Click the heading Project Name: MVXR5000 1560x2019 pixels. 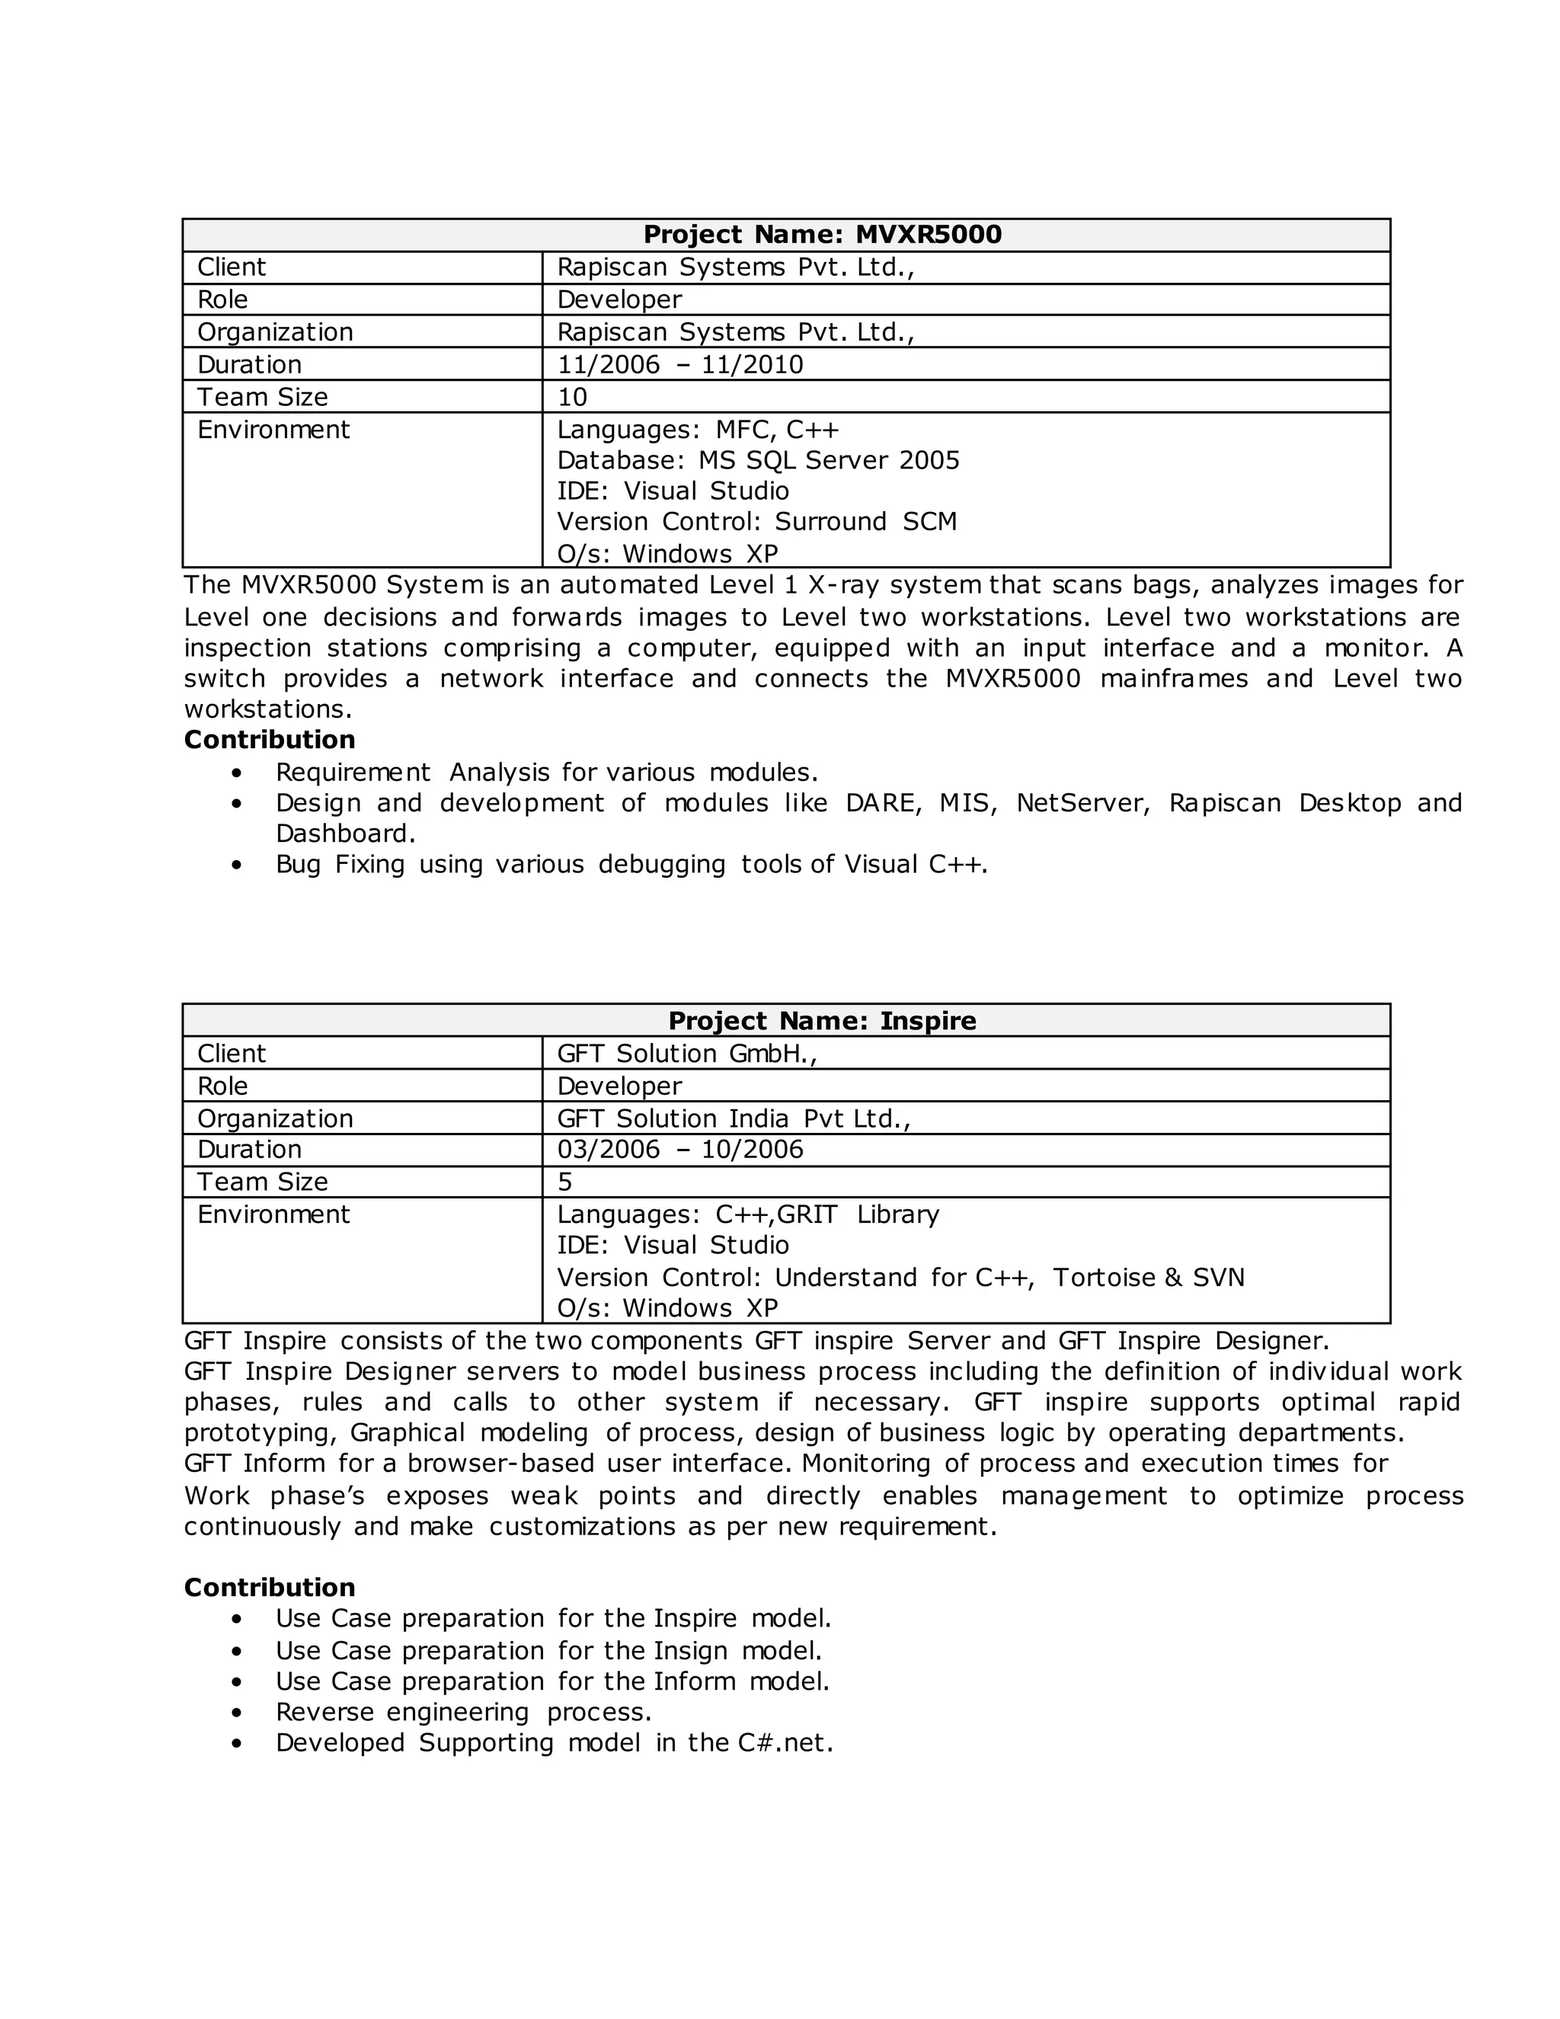822,235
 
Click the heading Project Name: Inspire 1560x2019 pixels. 822,1021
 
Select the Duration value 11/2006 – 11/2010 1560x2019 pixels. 680,364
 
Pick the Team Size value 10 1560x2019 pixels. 572,398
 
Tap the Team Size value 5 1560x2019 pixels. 564,1182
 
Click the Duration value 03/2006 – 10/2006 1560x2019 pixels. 680,1149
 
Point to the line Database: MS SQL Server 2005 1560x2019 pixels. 758,460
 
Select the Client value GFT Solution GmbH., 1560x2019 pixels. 686,1054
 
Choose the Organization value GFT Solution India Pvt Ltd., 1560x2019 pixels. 734,1118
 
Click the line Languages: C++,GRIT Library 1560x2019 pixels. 748,1214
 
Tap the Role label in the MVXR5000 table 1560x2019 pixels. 222,299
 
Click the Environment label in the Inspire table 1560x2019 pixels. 273,1214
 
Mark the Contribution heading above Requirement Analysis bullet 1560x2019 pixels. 269,740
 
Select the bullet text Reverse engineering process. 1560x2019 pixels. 463,1712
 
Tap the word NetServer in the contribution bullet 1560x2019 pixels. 1082,802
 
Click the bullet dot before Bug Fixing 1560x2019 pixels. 238,866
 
